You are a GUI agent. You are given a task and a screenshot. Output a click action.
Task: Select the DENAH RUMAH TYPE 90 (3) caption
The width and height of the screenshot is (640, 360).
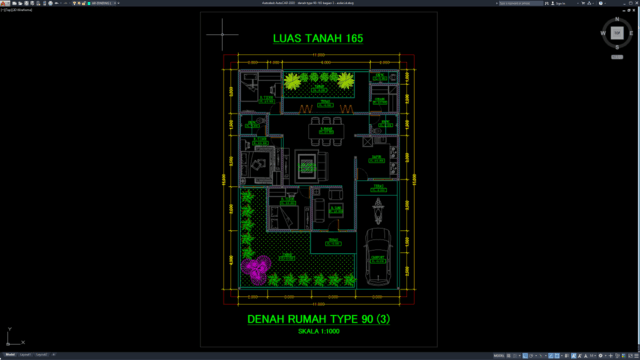click(x=319, y=320)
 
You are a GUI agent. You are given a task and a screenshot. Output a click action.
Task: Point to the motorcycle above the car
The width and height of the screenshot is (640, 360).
click(x=378, y=211)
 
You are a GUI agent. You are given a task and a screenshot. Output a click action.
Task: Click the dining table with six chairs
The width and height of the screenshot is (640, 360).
click(x=322, y=126)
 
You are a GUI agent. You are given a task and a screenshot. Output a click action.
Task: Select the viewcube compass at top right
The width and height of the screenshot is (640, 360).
click(x=615, y=35)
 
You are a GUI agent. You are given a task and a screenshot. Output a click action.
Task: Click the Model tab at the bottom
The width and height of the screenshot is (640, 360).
click(x=9, y=354)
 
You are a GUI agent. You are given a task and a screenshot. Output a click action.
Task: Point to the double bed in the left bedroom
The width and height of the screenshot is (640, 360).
click(x=262, y=160)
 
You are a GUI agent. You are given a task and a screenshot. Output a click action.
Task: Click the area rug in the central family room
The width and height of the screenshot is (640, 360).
click(x=309, y=159)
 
